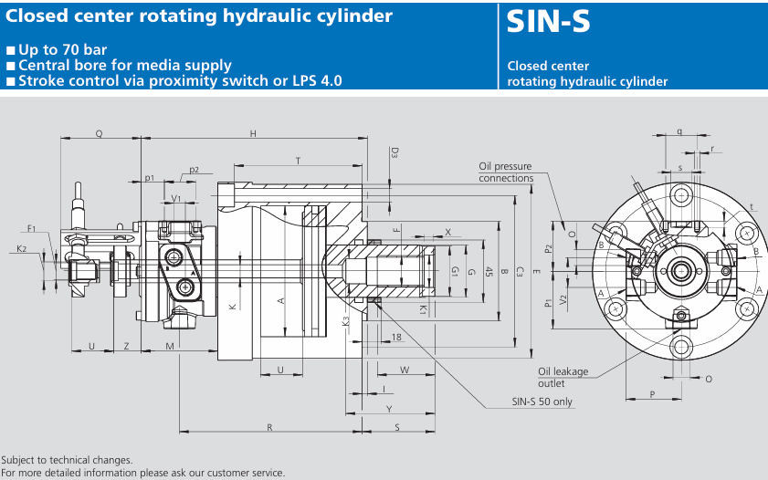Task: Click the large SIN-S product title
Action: tap(549, 23)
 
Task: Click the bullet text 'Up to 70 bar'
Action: tap(62, 49)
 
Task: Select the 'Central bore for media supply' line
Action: tap(124, 65)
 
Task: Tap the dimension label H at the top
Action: tap(253, 134)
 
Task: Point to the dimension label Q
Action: tap(99, 134)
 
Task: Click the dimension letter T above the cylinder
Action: tap(298, 161)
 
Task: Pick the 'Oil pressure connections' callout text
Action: tap(505, 172)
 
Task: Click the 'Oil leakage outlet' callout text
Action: tap(563, 377)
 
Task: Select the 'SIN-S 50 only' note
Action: tap(542, 402)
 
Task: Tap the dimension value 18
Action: tap(395, 338)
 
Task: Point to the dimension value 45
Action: tap(489, 272)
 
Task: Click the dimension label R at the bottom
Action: tap(269, 427)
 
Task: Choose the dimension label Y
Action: tap(389, 408)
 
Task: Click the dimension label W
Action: tap(404, 370)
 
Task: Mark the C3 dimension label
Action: tap(519, 271)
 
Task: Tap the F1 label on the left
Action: tap(31, 229)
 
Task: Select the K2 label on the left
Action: tap(21, 248)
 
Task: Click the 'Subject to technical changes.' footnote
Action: tap(68, 460)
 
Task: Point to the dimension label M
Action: tap(171, 346)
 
